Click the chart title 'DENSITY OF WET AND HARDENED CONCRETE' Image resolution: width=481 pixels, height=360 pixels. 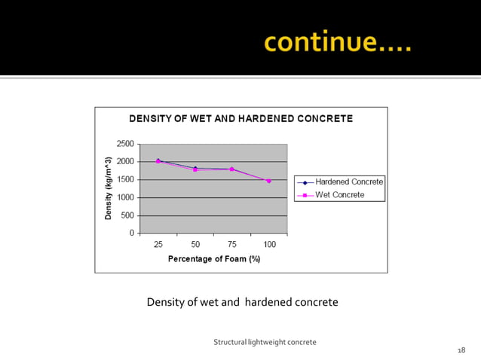[241, 119]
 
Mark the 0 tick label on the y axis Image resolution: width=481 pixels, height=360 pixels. [131, 233]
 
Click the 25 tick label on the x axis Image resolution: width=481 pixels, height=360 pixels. [158, 245]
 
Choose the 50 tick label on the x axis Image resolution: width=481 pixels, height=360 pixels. [195, 245]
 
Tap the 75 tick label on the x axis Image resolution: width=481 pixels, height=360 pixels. [232, 245]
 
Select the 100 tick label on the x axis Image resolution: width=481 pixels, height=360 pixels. [268, 245]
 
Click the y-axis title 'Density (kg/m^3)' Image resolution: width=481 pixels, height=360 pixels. [109, 188]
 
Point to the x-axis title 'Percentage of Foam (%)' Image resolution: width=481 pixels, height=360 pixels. [213, 259]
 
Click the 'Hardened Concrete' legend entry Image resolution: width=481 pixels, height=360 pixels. [349, 182]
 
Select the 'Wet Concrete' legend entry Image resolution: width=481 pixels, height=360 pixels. [339, 195]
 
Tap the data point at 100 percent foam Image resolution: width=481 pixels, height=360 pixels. [268, 181]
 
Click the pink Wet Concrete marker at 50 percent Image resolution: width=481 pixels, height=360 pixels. [195, 170]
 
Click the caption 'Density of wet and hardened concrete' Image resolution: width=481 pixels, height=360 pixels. [242, 303]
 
